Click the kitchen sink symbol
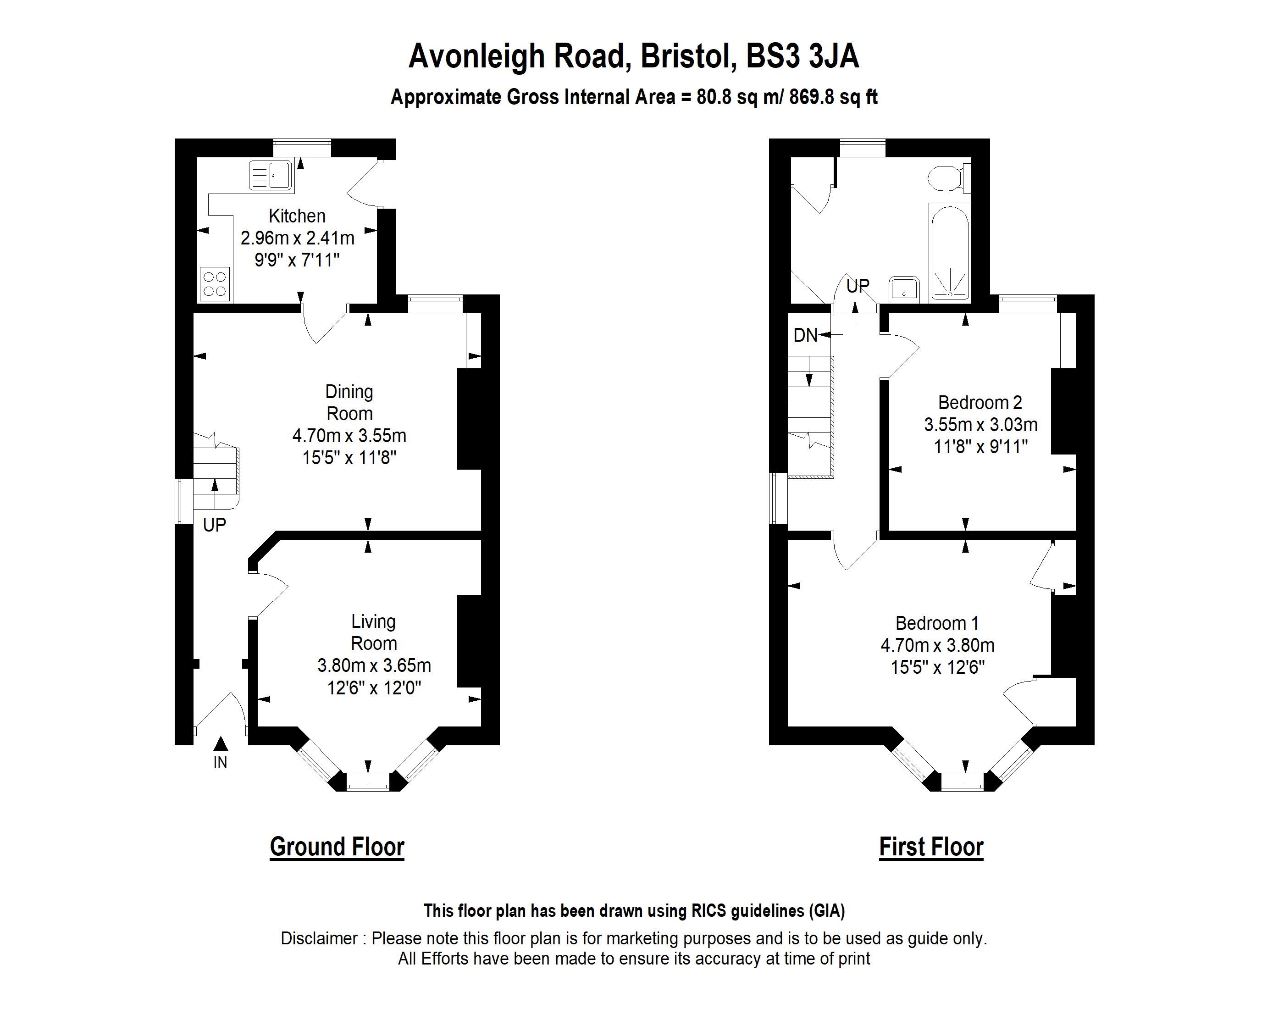[x=271, y=176]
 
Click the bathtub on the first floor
[x=949, y=252]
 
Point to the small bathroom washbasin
[x=904, y=289]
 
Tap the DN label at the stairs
[x=805, y=336]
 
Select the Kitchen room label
[x=297, y=216]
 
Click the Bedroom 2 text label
[x=980, y=403]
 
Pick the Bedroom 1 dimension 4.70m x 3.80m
[x=937, y=645]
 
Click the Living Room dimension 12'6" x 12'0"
[x=374, y=687]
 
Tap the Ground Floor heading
[x=337, y=847]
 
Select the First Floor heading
[x=931, y=847]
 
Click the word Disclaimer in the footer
[x=319, y=938]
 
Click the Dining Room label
[x=349, y=402]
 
